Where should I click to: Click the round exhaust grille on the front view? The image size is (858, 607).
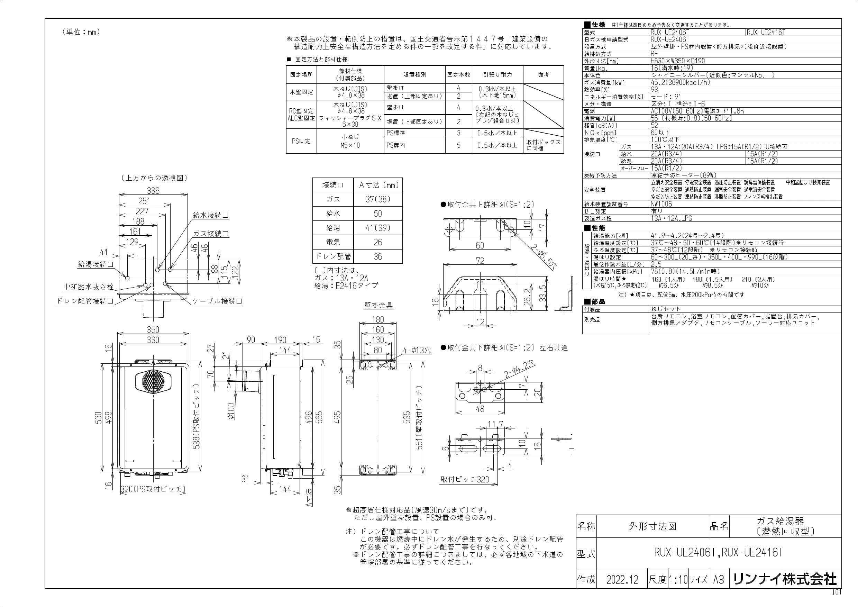pos(153,382)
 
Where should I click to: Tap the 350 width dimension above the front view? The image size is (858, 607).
pos(153,330)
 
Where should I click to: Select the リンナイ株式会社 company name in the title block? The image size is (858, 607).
pos(785,579)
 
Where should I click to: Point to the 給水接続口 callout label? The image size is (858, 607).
pos(211,216)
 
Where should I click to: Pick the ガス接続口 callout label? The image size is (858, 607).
pos(211,234)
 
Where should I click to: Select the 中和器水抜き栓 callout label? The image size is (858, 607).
pos(89,287)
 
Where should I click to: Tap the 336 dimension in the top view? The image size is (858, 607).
pos(153,191)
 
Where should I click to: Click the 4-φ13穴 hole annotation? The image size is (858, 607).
pos(417,351)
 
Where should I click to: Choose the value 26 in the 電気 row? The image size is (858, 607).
pos(378,242)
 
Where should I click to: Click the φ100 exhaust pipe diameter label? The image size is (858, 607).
pos(231,411)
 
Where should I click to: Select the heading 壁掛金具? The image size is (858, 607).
pos(378,306)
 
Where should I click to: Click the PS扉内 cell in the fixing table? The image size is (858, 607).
pos(396,145)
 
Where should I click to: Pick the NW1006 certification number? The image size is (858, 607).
pos(661,204)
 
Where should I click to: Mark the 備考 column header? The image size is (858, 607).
pos(544,75)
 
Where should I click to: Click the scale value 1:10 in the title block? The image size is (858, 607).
pos(678,580)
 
